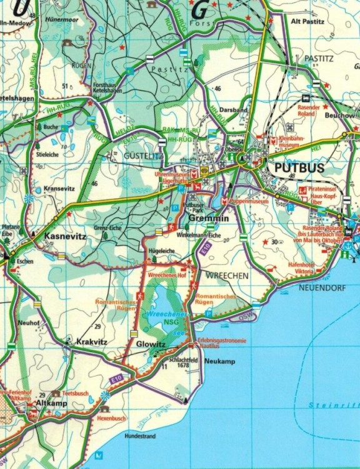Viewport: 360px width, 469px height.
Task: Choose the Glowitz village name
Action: click(x=150, y=343)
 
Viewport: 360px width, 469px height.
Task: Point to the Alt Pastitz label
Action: click(x=309, y=21)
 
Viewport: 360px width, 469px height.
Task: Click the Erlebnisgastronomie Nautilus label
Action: click(x=222, y=343)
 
